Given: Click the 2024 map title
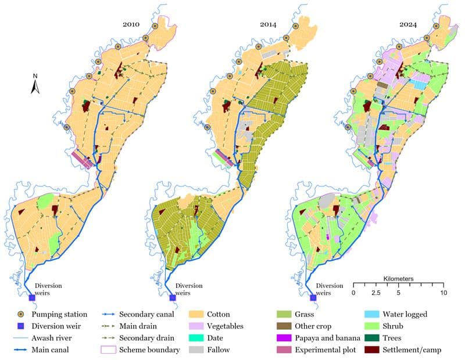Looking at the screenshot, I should click(410, 24).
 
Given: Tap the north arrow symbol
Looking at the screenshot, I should click(35, 84).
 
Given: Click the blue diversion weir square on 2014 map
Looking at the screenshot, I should click(172, 298).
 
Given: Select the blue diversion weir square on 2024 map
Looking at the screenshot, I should click(313, 298).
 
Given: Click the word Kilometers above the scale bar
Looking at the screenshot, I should click(398, 279).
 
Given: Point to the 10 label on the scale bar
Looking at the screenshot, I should click(443, 293).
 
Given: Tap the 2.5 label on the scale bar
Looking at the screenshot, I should click(376, 293).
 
